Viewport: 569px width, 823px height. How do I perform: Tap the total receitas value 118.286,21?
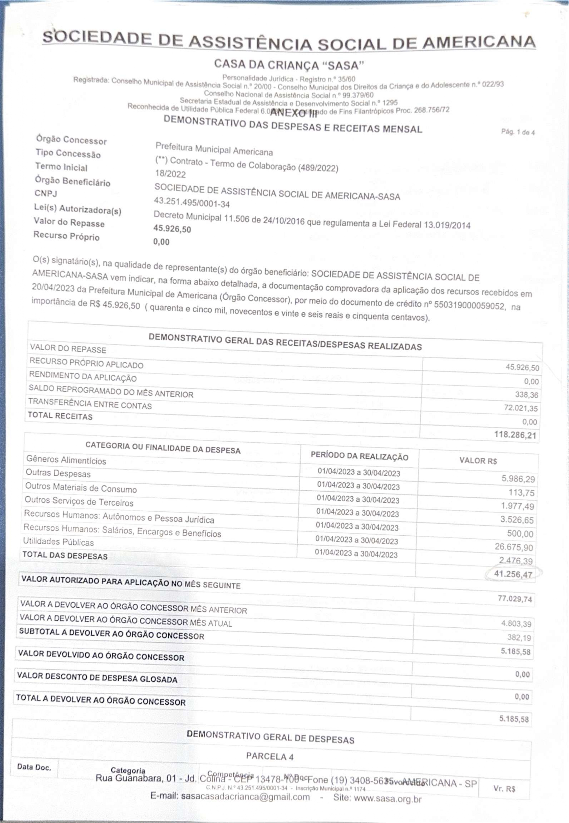[515, 435]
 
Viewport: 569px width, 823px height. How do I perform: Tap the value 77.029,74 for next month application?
[514, 598]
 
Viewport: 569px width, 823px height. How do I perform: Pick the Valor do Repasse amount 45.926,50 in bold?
[172, 229]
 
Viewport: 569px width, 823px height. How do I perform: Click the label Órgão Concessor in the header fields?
[71, 140]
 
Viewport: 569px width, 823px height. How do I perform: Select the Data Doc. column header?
[34, 767]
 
